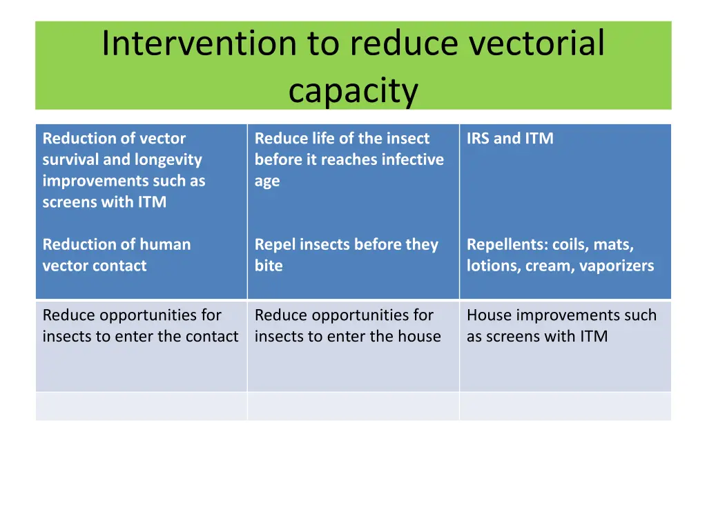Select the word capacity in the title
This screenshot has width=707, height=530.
[x=353, y=90]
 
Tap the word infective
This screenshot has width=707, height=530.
[x=412, y=159]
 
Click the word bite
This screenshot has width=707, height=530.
[x=269, y=266]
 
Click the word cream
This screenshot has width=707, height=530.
[x=548, y=266]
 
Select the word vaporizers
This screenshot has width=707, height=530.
[x=616, y=266]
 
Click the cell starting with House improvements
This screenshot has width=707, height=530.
[x=565, y=346]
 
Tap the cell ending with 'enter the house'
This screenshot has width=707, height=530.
[x=353, y=346]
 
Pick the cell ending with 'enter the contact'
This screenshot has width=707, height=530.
[x=141, y=346]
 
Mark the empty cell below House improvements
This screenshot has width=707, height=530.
[x=565, y=406]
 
